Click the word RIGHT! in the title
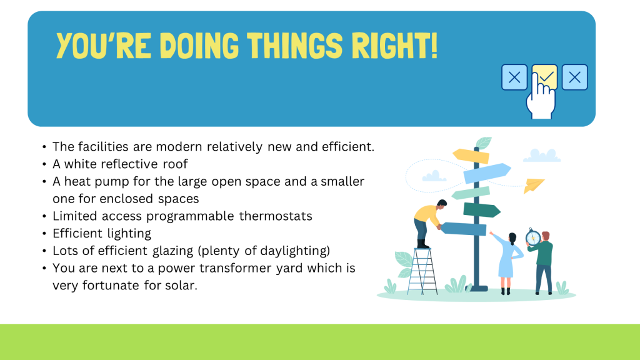click(x=395, y=45)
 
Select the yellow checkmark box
click(x=545, y=77)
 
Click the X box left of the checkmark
click(x=514, y=77)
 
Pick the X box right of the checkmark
click(x=575, y=77)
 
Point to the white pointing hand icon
click(x=541, y=98)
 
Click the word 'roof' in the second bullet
click(x=175, y=164)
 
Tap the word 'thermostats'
click(x=276, y=216)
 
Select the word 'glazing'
click(x=173, y=251)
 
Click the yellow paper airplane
click(x=534, y=185)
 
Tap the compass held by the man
click(x=532, y=237)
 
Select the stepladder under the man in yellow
click(x=422, y=271)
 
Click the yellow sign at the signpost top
click(x=471, y=156)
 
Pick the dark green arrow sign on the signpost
click(x=482, y=210)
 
